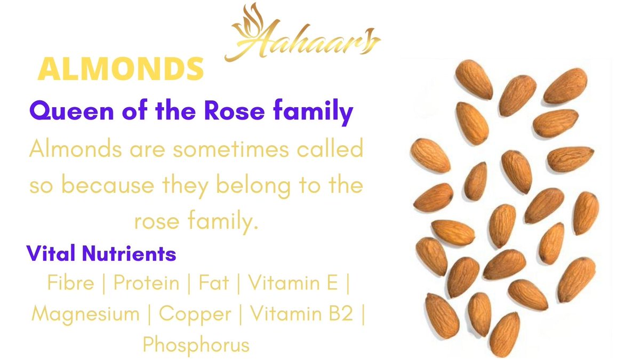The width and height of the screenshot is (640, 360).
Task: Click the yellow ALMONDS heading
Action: tap(121, 69)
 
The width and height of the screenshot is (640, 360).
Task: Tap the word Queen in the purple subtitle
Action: tap(71, 111)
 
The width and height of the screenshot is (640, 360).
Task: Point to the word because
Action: tap(108, 185)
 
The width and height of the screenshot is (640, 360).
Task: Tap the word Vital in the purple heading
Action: tap(51, 253)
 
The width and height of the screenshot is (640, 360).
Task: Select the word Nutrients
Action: tap(129, 253)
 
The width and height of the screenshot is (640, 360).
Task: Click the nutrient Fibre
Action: tap(70, 282)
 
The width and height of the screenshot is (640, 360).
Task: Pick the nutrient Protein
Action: tap(147, 282)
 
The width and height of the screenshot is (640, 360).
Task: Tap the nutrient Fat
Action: tap(214, 282)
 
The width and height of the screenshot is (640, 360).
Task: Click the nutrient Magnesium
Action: tap(85, 314)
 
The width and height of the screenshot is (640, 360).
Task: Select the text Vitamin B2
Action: tap(302, 313)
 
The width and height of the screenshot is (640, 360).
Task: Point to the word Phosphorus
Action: tap(196, 345)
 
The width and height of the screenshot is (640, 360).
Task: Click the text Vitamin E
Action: tap(293, 282)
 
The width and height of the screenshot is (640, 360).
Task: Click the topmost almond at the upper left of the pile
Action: tap(474, 79)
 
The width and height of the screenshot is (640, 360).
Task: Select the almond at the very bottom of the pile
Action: tap(505, 334)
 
